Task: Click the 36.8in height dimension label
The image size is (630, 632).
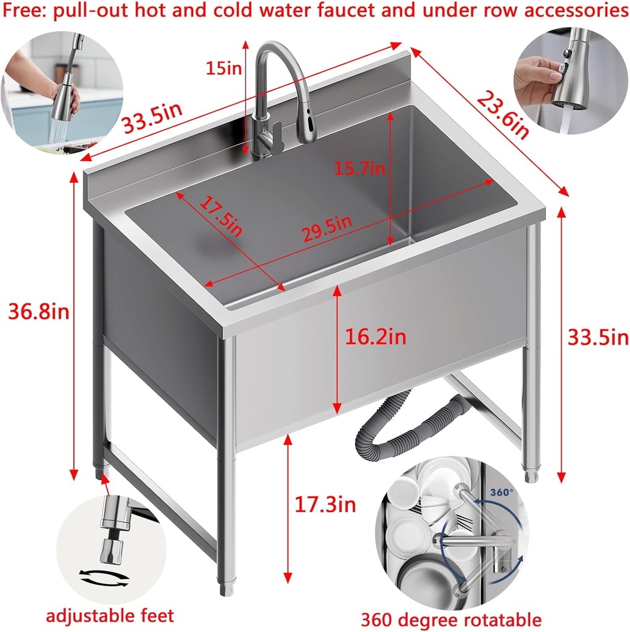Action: pos(38,311)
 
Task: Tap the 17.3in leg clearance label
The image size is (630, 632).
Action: pos(325,505)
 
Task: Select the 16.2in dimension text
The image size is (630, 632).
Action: pos(375,337)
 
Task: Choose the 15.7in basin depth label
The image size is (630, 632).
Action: pos(359,167)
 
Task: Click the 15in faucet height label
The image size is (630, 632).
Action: pos(223,68)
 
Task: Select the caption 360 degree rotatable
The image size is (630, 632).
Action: pos(451,619)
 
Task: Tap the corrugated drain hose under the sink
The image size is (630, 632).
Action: pos(407,420)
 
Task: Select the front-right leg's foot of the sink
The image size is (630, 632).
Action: pos(226,584)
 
